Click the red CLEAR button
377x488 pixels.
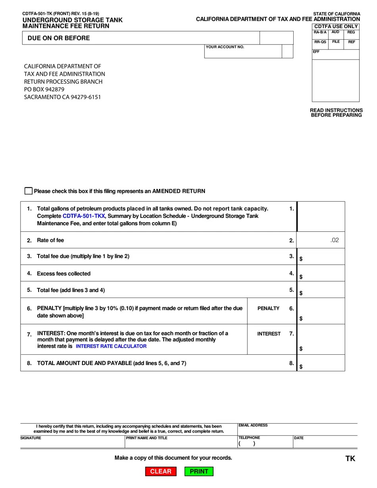click(161, 471)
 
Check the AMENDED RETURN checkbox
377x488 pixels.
click(29, 191)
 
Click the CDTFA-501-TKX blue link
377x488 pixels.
click(84, 216)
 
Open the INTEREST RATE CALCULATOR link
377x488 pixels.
click(111, 346)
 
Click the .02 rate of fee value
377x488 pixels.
click(335, 240)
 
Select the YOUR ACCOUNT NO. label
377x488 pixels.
click(225, 47)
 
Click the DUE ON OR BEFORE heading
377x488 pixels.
click(59, 38)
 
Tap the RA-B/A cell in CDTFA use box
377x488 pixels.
click(320, 32)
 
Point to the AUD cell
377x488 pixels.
click(336, 32)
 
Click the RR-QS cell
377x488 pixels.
click(320, 42)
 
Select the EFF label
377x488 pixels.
click(316, 52)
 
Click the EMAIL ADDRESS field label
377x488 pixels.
click(253, 425)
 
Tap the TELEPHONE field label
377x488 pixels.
click(249, 438)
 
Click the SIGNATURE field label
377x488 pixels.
click(31, 438)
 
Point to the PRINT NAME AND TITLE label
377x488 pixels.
click(147, 438)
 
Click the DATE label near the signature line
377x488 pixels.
click(299, 438)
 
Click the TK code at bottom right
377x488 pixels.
click(350, 459)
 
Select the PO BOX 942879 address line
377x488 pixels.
click(44, 89)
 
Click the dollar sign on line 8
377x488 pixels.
click(301, 367)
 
